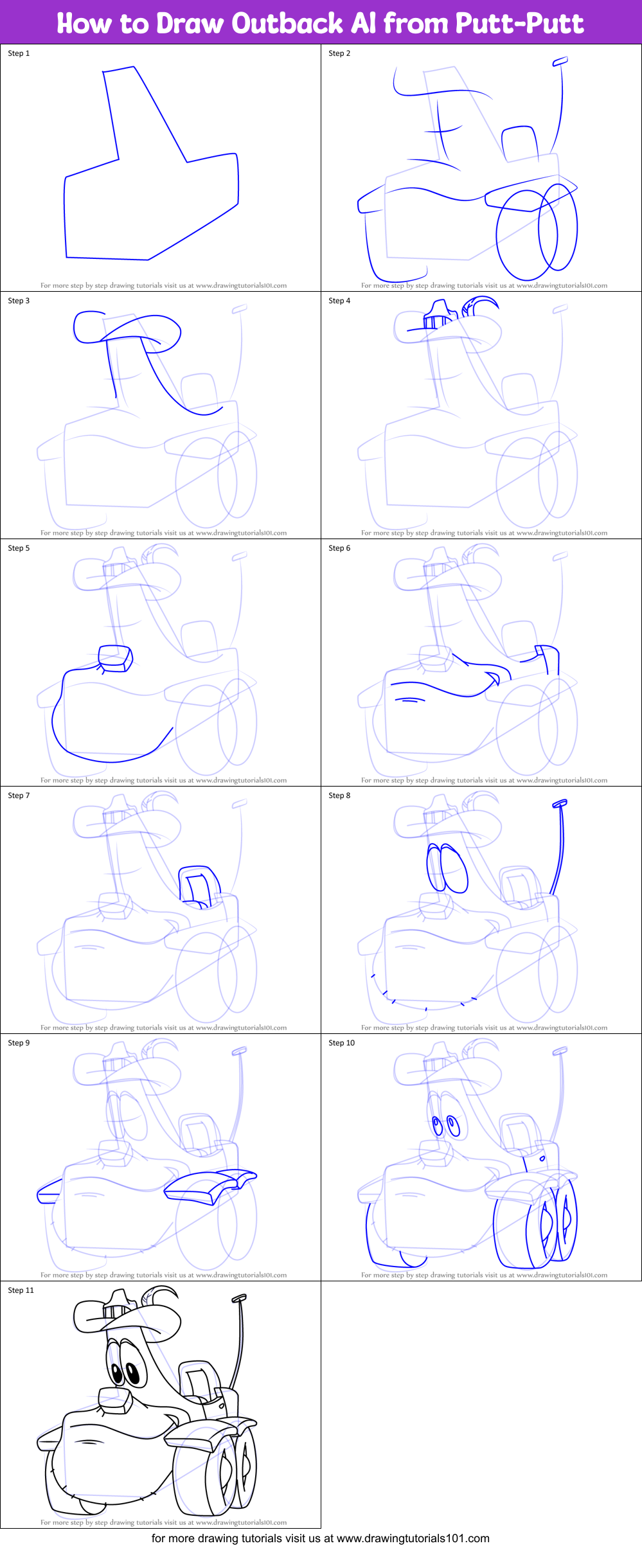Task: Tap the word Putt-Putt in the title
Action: (x=519, y=24)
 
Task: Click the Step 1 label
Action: (x=19, y=53)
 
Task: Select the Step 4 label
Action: (x=339, y=301)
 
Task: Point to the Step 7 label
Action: (x=19, y=796)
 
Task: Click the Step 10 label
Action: (x=341, y=1043)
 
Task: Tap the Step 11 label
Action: (x=21, y=1290)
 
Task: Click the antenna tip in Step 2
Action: (x=560, y=61)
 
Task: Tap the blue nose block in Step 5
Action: (x=116, y=659)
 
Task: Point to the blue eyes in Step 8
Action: (x=447, y=867)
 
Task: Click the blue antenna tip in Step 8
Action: (x=560, y=803)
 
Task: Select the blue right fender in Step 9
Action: (x=206, y=1186)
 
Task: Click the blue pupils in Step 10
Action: (x=445, y=1126)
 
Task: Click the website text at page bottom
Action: (x=320, y=1538)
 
